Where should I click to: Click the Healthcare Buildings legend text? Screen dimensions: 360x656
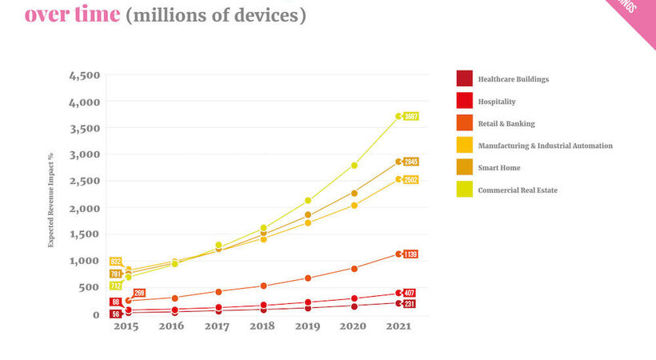(x=513, y=79)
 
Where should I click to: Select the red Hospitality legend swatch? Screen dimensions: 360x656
(x=464, y=101)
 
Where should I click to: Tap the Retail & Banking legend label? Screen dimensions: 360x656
(x=506, y=124)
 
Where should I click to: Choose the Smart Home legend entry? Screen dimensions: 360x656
(x=498, y=168)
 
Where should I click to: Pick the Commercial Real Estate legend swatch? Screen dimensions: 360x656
(x=464, y=190)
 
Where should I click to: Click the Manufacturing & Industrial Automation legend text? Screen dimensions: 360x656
(x=545, y=146)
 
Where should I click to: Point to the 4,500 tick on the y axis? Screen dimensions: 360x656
(x=84, y=76)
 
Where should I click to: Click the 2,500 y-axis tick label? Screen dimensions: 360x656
(x=84, y=182)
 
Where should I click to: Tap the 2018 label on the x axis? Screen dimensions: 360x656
(x=262, y=327)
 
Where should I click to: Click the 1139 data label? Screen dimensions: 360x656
(x=410, y=254)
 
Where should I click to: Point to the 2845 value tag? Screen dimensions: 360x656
(x=410, y=162)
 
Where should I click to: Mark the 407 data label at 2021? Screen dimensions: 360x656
(x=409, y=293)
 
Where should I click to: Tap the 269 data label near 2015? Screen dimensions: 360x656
(x=138, y=294)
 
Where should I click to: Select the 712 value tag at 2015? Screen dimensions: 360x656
(x=115, y=286)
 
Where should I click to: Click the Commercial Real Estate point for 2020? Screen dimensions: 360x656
(x=353, y=166)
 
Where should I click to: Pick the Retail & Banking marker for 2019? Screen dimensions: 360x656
(x=308, y=278)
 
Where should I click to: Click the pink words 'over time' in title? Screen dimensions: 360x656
(x=72, y=14)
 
